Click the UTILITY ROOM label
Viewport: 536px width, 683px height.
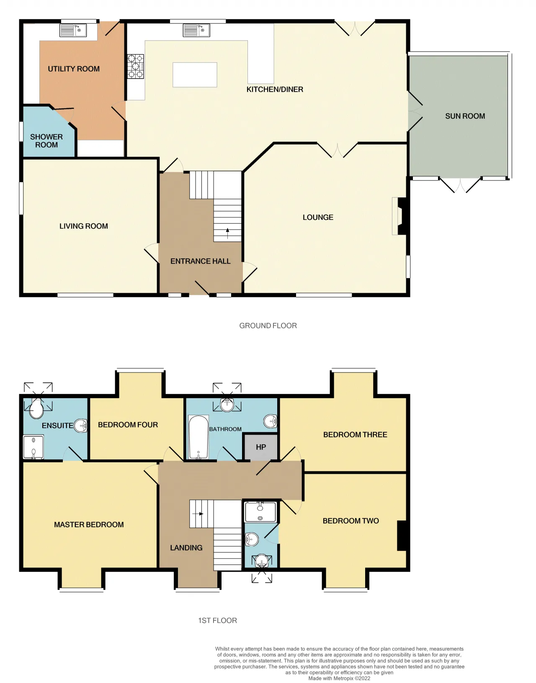(73, 69)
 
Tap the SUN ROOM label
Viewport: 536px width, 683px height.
(465, 116)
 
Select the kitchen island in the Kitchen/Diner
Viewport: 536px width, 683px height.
(195, 75)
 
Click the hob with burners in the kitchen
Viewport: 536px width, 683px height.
(136, 66)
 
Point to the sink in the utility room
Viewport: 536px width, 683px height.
(73, 31)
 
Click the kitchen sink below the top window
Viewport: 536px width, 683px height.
(196, 31)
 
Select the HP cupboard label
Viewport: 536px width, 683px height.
(260, 447)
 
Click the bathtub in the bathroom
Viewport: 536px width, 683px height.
(198, 437)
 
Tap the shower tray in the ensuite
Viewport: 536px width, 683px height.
(33, 447)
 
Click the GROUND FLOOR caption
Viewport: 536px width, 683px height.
(268, 326)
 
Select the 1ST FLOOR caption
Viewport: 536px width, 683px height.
(217, 620)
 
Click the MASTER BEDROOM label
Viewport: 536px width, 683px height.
(89, 524)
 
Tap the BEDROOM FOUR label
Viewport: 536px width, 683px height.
(128, 424)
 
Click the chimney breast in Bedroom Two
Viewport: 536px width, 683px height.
(402, 536)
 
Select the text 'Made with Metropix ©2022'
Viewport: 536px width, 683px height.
(339, 678)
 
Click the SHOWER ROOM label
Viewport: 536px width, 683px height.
(46, 141)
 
